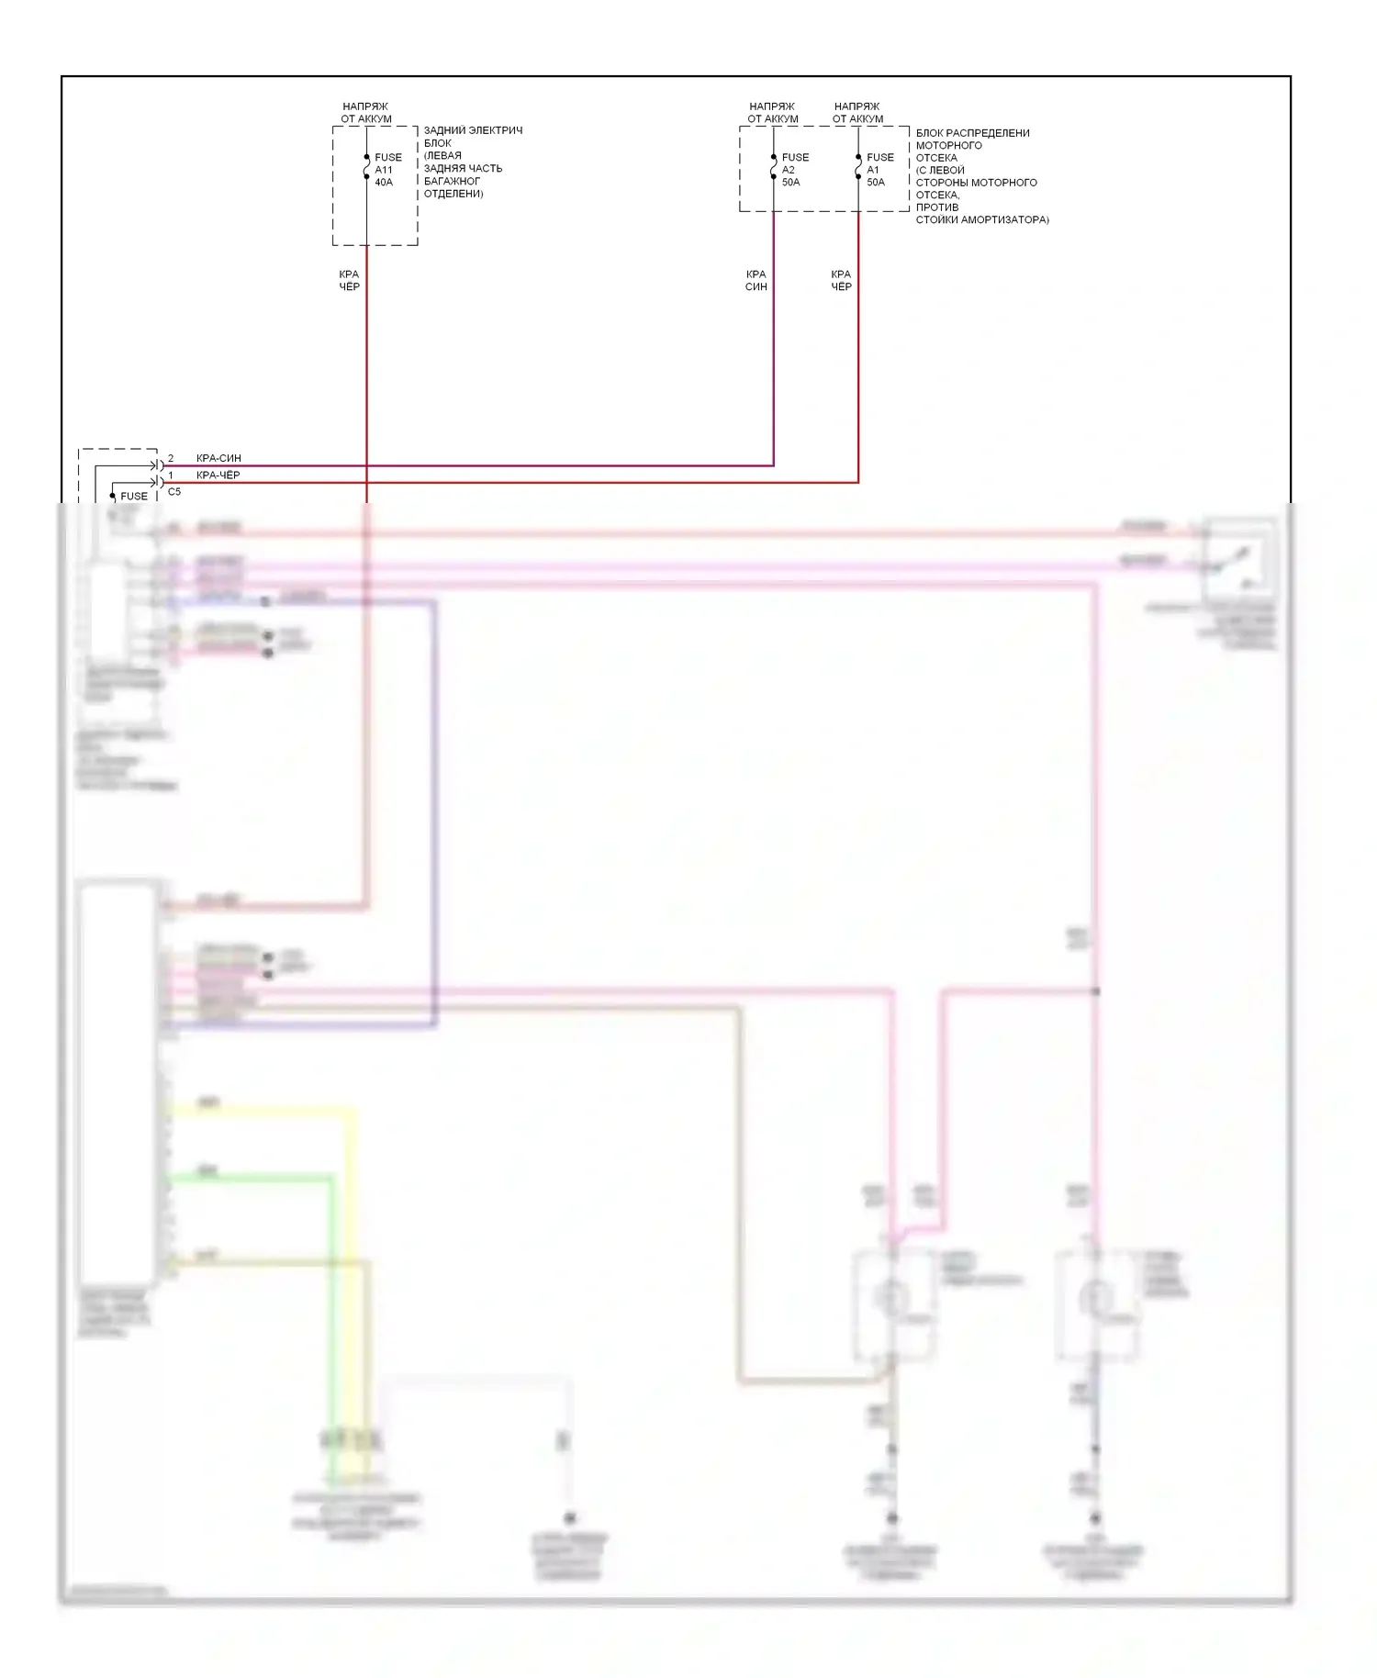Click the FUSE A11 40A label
pos(387,170)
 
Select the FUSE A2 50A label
pos(794,170)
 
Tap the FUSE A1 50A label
pos(879,170)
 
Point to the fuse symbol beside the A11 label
pos(366,167)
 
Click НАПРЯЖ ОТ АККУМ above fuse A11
pos(365,112)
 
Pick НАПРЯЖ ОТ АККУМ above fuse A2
pos(772,112)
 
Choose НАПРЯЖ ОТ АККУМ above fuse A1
pos(857,112)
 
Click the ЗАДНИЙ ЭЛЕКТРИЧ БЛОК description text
pos(472,162)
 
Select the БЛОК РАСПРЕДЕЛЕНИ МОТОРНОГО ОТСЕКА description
pos(980,176)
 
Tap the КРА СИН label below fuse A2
pos(756,280)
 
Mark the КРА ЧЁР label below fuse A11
pos(349,280)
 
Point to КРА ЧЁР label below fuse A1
pos(841,280)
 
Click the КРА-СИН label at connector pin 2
pos(218,458)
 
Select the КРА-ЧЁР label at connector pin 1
pos(218,475)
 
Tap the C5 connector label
pos(174,492)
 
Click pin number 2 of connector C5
pos(170,458)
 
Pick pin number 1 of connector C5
pos(170,475)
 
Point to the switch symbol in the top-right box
pos(1235,559)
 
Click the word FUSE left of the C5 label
pos(134,496)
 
